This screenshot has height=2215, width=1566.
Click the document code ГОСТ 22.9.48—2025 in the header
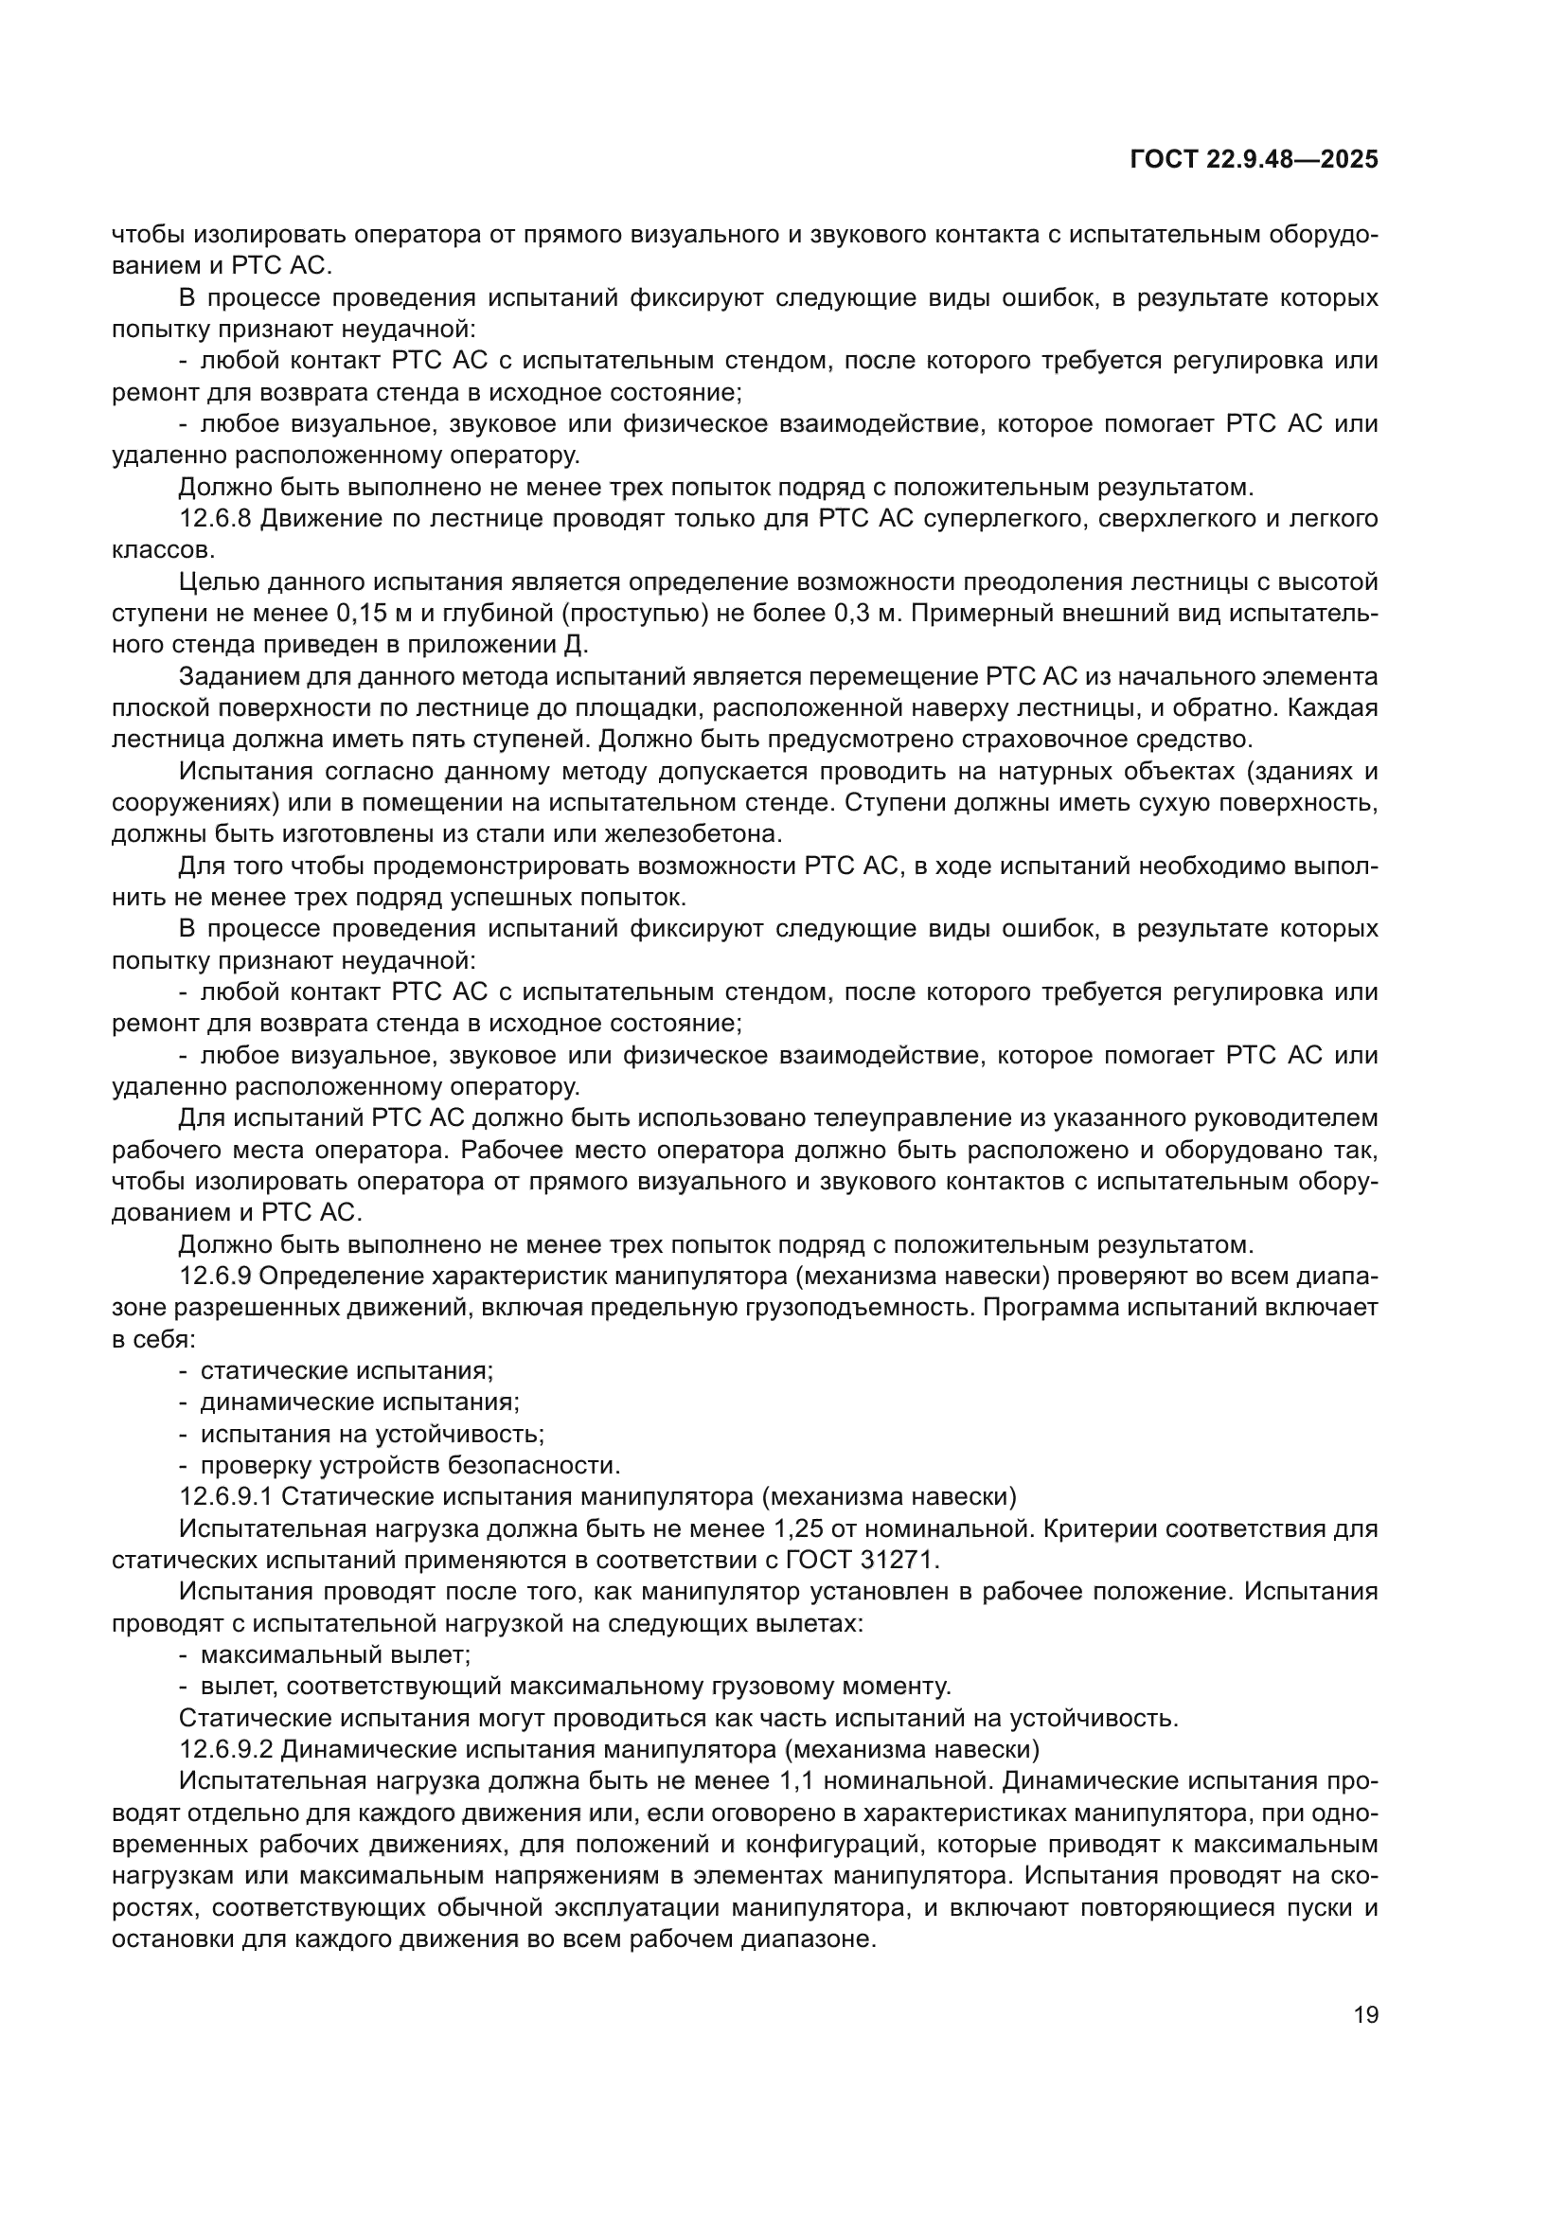click(x=1254, y=160)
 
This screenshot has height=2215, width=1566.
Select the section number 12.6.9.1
click(x=227, y=1496)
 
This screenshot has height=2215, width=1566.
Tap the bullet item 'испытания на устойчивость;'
click(x=372, y=1434)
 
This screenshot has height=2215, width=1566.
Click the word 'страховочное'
click(x=1048, y=740)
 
